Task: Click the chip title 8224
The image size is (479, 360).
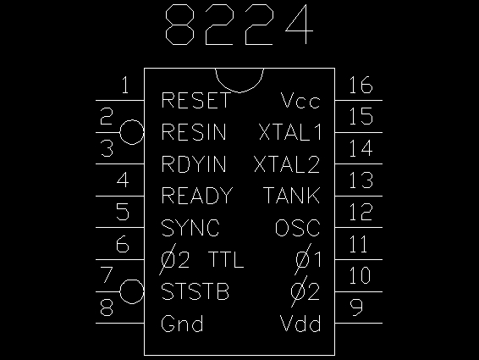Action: (239, 25)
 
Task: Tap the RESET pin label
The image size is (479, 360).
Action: (195, 100)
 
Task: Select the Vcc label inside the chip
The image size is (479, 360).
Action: (300, 100)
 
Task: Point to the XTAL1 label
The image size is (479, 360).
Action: (290, 132)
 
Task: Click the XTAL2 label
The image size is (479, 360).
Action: (287, 164)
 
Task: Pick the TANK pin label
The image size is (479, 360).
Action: (292, 196)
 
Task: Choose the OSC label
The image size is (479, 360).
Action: (298, 228)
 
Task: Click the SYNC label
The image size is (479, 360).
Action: (190, 228)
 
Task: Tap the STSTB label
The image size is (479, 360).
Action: (195, 291)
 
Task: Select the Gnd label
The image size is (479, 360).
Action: (182, 324)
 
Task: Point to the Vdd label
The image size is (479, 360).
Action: (300, 324)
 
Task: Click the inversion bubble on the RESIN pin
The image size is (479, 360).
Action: (132, 120)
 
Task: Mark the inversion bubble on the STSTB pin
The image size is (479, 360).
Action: (132, 280)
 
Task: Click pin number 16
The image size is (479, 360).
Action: (361, 85)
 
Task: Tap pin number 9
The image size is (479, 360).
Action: (356, 307)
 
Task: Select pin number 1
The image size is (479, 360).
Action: (125, 85)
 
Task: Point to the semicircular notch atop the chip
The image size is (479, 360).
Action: (239, 92)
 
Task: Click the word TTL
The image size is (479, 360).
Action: (226, 260)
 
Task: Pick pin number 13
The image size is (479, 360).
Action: (361, 180)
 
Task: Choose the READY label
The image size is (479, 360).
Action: (197, 196)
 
